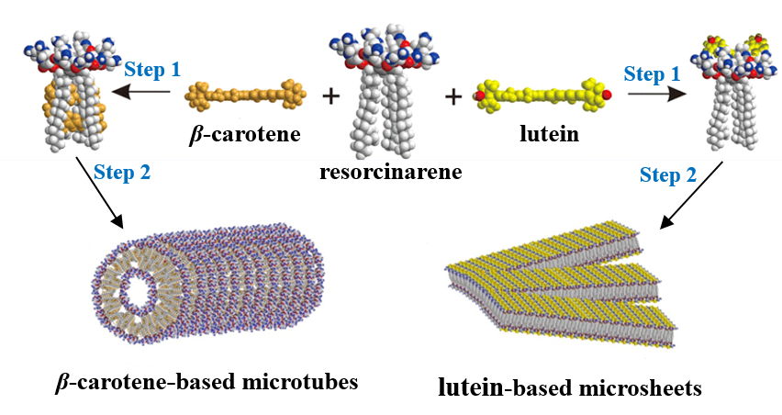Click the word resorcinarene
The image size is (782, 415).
(391, 173)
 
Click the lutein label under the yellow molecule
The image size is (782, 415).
(542, 136)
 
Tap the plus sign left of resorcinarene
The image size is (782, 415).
(329, 95)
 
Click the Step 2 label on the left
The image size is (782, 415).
(124, 170)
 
